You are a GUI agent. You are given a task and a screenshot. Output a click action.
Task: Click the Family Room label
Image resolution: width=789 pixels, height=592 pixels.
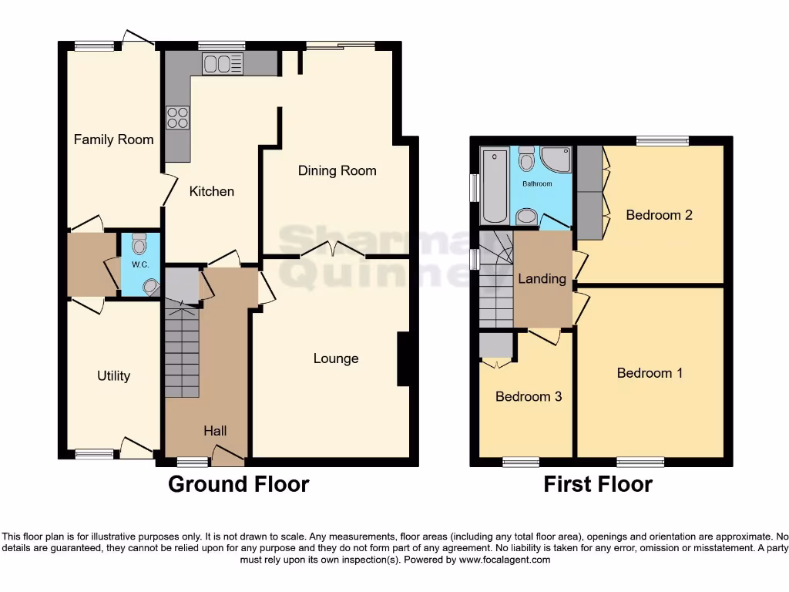pos(113,140)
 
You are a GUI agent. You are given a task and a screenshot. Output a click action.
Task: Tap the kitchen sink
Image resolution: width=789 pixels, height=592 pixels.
pos(222,64)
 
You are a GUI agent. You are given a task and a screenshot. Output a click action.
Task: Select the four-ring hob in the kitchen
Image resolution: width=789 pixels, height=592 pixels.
pos(177,117)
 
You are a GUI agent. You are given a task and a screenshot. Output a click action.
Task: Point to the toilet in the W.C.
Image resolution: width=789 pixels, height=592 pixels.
pos(139,244)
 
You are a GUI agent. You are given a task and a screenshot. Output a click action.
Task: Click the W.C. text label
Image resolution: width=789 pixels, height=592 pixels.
pos(139,264)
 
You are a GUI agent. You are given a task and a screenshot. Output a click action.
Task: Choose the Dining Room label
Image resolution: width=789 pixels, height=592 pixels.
pos(337,170)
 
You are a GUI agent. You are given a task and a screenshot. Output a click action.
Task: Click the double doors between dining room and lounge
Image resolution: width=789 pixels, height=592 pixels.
pos(332,250)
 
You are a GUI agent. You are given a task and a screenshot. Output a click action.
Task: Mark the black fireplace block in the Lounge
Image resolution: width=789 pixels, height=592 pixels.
pos(402,358)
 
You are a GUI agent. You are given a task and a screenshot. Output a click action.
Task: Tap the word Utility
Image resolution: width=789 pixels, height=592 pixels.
pos(113,376)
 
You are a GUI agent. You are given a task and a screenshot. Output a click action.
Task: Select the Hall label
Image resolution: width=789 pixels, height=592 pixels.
pos(215,431)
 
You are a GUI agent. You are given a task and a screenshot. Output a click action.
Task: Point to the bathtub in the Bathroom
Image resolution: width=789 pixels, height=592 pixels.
pos(491,185)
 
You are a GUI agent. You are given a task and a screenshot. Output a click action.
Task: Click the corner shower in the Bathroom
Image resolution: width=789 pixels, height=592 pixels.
pos(556,159)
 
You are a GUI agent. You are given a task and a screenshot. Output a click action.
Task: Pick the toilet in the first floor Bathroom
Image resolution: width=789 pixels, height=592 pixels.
pos(527,160)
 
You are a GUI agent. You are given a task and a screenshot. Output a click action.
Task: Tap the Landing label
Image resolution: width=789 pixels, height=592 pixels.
pos(542,278)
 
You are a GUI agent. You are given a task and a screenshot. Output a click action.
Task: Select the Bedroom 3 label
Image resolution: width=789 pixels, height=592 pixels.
pos(528,396)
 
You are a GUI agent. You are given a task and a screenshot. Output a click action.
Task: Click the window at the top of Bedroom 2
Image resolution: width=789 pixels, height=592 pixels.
pos(663,140)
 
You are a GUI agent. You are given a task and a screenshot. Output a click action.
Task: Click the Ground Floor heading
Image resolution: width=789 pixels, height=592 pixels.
pos(238,484)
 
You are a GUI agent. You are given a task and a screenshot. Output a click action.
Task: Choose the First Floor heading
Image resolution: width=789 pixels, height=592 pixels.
pos(597,484)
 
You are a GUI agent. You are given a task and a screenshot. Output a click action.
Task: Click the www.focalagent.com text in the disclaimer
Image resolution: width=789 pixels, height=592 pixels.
pos(505,560)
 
